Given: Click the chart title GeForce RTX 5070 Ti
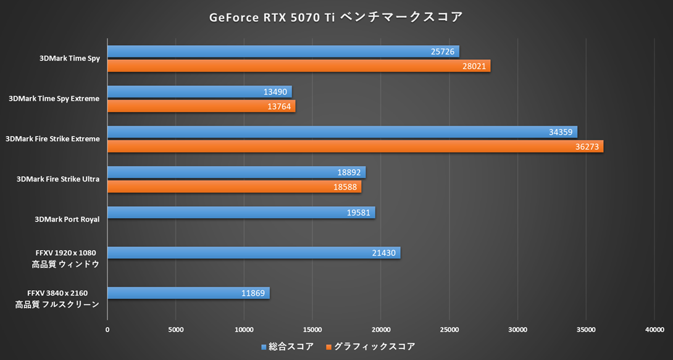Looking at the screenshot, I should click(x=336, y=17).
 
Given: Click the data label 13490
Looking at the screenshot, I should click(x=275, y=92).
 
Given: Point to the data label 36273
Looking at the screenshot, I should click(x=585, y=147).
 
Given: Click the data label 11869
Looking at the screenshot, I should click(x=253, y=293).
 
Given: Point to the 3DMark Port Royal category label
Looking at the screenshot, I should click(x=67, y=219).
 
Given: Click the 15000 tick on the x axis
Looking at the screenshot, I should click(x=312, y=330).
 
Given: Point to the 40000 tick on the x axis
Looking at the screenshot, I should click(x=654, y=330).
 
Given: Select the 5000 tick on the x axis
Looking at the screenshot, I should click(x=176, y=330).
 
